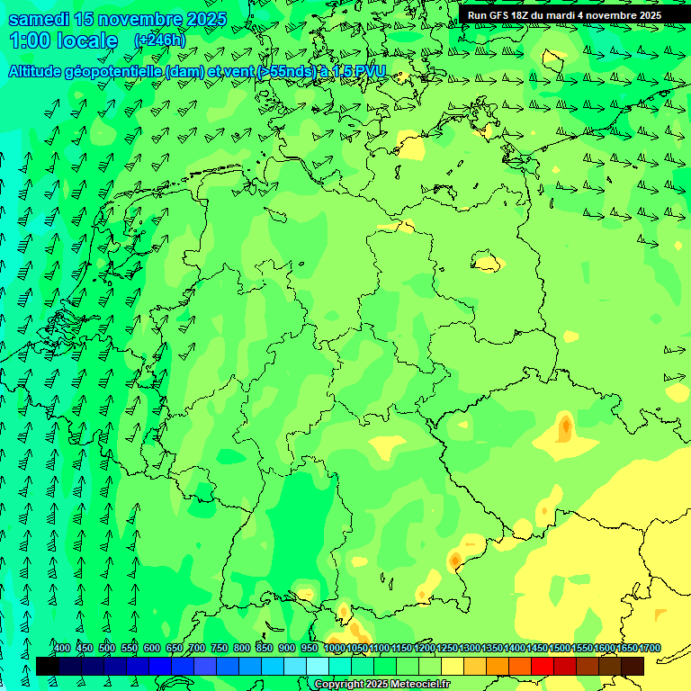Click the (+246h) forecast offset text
point(159,40)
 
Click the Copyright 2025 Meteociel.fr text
point(382,685)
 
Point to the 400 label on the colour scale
point(62,649)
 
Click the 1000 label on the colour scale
point(335,649)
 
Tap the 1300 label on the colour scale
point(470,649)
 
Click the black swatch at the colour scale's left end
point(48,666)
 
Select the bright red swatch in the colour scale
point(543,666)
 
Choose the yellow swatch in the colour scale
point(453,666)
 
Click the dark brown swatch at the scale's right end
point(633,666)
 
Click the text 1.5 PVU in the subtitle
point(357,71)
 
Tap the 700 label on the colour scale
point(197,649)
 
